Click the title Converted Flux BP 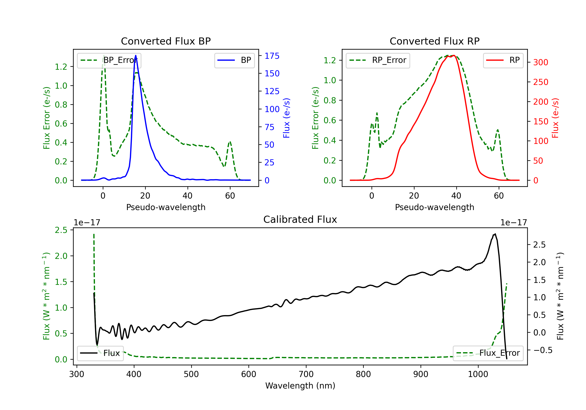(x=166, y=41)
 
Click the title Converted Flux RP (x=434, y=41)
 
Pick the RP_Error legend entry (x=378, y=60)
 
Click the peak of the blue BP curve (x=136, y=55)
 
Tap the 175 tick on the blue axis (x=272, y=56)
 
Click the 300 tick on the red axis (x=540, y=62)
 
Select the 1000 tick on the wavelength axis (x=478, y=374)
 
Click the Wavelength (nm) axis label (x=300, y=386)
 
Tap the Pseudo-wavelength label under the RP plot (x=434, y=207)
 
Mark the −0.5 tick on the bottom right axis (x=543, y=350)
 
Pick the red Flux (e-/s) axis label (x=555, y=118)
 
